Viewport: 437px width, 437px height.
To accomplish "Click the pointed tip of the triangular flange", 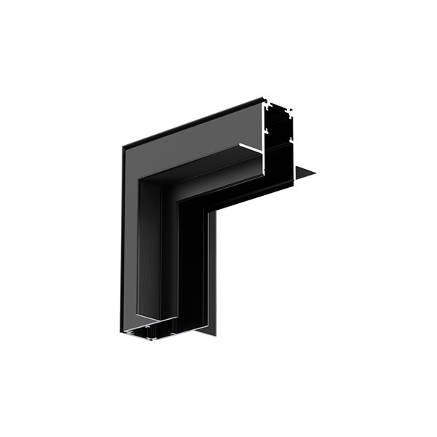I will click(316, 174).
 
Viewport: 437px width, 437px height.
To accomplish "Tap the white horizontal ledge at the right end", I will click(252, 150).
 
